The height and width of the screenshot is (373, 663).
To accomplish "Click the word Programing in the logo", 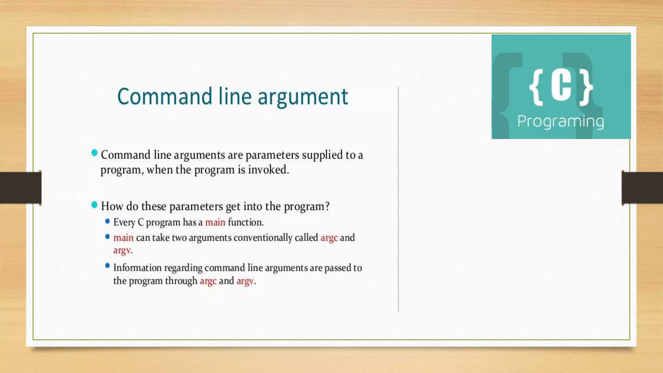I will click(x=560, y=122).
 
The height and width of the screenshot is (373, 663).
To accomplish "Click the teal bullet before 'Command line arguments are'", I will click(x=94, y=153).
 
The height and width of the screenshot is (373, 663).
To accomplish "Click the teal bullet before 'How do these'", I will click(x=94, y=205).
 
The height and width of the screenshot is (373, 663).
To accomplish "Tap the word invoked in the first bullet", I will click(x=268, y=170).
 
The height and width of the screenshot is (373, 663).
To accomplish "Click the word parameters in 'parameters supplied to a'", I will click(x=272, y=155).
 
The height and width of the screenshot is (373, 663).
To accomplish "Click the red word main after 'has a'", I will click(x=215, y=222).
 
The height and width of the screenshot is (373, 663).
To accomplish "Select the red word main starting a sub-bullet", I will click(x=123, y=238).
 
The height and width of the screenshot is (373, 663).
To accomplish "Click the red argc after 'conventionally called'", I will click(x=329, y=238).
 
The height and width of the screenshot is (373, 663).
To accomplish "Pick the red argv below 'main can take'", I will click(x=122, y=250).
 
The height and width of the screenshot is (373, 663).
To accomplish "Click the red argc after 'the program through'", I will click(x=208, y=281).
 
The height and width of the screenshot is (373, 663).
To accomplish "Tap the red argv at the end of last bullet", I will click(x=245, y=281).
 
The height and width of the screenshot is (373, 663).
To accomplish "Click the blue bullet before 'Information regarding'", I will click(x=107, y=266).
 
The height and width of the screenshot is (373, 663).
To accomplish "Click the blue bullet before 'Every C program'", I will click(x=107, y=221).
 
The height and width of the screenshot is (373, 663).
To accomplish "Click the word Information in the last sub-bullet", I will click(x=137, y=268).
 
